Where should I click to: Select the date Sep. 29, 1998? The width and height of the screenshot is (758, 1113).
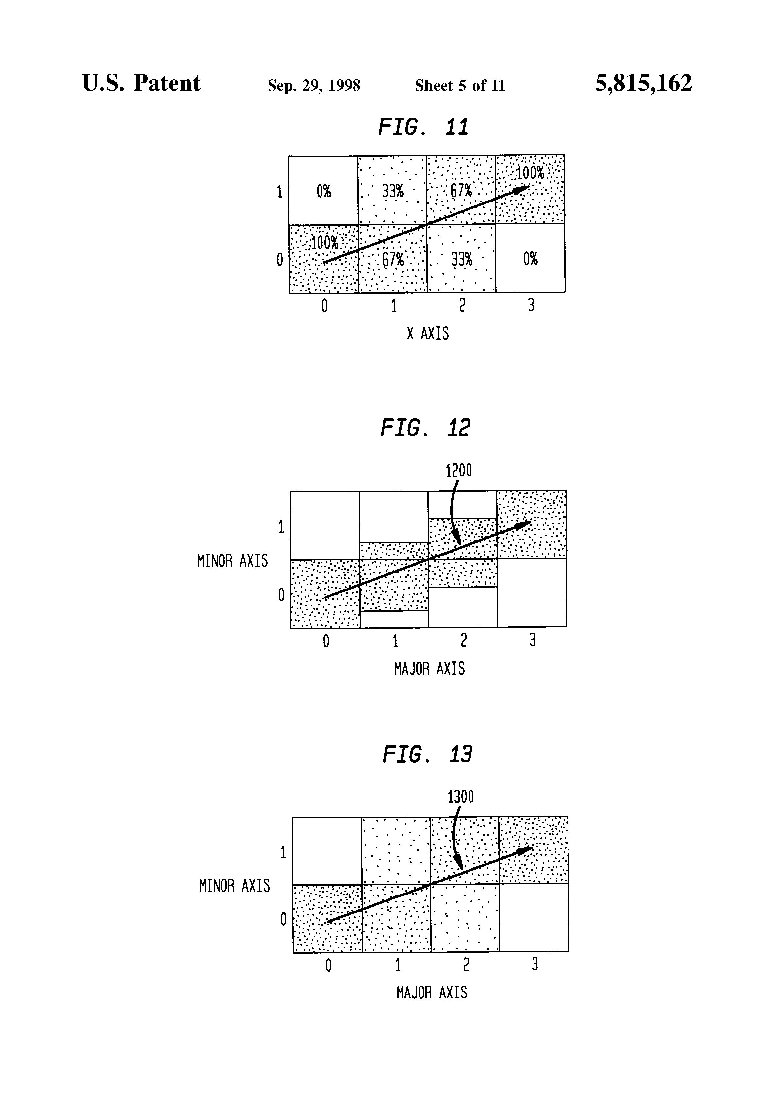click(x=314, y=86)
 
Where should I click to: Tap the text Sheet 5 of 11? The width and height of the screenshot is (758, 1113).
click(x=460, y=86)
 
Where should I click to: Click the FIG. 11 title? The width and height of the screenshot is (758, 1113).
click(x=423, y=127)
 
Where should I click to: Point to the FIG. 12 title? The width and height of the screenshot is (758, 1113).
click(x=425, y=428)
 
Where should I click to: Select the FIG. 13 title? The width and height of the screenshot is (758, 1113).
click(x=427, y=754)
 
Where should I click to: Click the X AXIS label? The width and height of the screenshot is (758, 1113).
click(x=428, y=333)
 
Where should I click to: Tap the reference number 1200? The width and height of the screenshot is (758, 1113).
click(x=458, y=471)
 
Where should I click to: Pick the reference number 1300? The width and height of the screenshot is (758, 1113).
click(x=460, y=797)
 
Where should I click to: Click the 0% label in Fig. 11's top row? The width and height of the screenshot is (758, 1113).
click(x=324, y=192)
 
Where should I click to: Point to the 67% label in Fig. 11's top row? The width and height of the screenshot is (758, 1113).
click(x=461, y=191)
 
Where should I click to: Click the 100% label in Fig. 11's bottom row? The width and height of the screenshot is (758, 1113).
click(x=324, y=243)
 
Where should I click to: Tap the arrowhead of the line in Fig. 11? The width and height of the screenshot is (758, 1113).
click(x=521, y=189)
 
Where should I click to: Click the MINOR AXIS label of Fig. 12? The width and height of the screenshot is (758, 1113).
click(x=232, y=561)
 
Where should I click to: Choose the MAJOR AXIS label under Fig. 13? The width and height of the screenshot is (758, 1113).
click(x=432, y=992)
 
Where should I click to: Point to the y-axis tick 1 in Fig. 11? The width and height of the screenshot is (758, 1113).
click(x=280, y=192)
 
